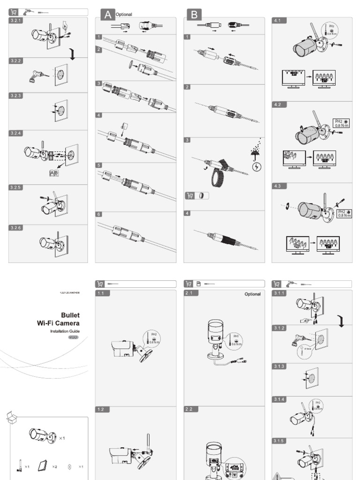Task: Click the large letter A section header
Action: (x=107, y=15)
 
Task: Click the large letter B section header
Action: (x=194, y=15)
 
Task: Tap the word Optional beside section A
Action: (x=124, y=15)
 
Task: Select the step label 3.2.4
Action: (x=16, y=133)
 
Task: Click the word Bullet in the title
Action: (x=70, y=315)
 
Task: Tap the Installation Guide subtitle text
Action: (x=65, y=331)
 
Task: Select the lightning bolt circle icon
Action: (x=257, y=166)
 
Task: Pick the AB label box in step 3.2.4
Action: (x=54, y=173)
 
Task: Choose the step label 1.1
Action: (x=103, y=293)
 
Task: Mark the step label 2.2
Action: (x=190, y=409)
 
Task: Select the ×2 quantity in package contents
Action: (x=54, y=466)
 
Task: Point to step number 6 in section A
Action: (x=99, y=214)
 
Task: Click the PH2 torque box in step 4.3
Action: (x=344, y=214)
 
